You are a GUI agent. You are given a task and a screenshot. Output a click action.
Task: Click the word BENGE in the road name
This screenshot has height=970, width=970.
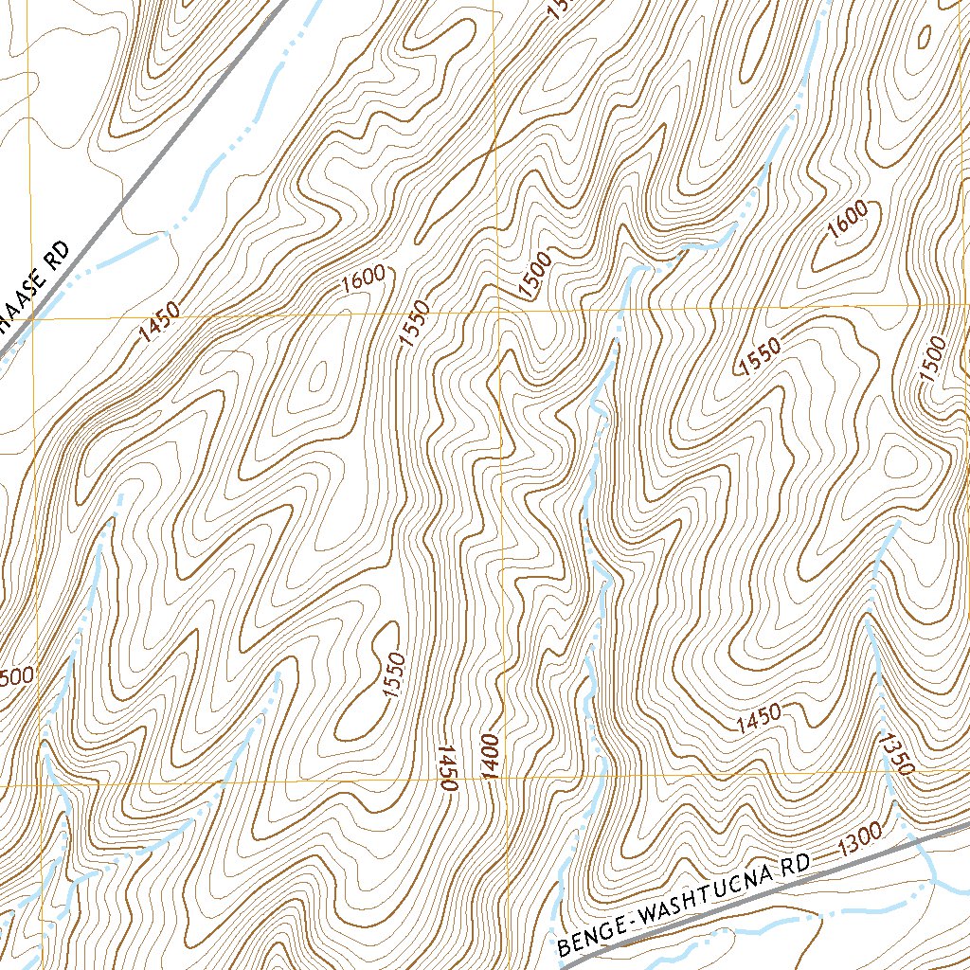pyautogui.click(x=589, y=934)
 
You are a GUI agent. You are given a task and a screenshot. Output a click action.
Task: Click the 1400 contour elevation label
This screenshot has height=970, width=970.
pyautogui.click(x=490, y=757)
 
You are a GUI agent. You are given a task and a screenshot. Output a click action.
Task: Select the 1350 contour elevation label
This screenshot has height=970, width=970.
pyautogui.click(x=893, y=753)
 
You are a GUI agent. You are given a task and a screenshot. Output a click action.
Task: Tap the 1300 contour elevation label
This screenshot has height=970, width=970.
pyautogui.click(x=860, y=836)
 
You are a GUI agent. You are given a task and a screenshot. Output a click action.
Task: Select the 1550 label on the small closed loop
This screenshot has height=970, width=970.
pyautogui.click(x=395, y=675)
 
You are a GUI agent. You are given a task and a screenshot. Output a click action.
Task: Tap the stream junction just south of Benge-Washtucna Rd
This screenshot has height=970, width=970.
pyautogui.click(x=933, y=881)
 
